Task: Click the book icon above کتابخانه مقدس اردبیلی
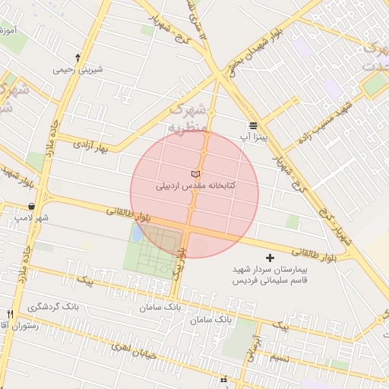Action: click(x=194, y=175)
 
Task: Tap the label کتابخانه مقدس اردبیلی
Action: click(x=195, y=185)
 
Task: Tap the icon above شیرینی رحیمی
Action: click(x=77, y=57)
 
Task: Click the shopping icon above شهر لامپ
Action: click(x=31, y=206)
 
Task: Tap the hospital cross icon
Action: click(x=270, y=259)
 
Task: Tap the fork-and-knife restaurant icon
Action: click(x=10, y=314)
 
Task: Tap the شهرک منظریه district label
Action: click(x=187, y=118)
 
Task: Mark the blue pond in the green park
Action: click(x=136, y=235)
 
